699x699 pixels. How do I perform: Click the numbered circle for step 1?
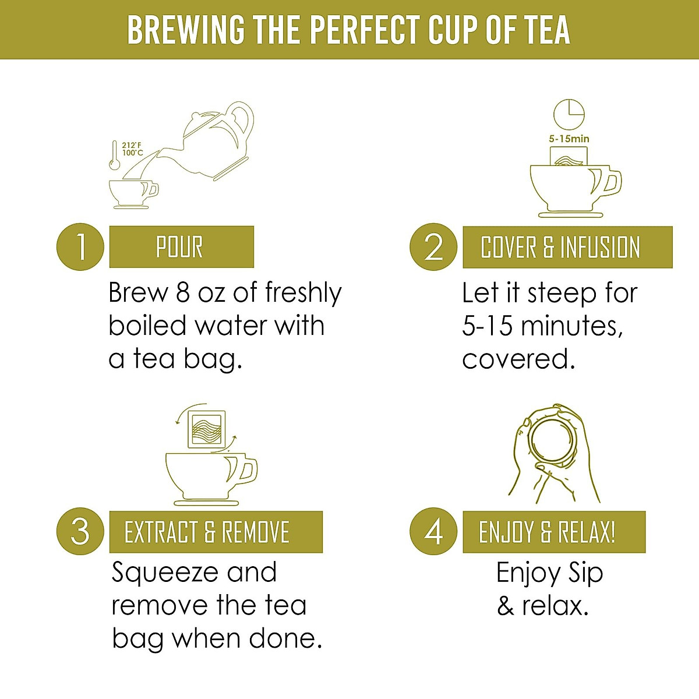coord(80,247)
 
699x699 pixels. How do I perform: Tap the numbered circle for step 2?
coord(433,247)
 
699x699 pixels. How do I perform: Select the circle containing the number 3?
coord(80,532)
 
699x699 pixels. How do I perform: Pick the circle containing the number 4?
coord(433,532)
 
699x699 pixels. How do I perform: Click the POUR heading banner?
coord(181,247)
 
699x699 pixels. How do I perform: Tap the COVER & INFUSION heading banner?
coord(567,247)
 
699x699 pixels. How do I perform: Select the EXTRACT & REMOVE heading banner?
coord(216,532)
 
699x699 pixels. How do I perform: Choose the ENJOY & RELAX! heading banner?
coord(553,532)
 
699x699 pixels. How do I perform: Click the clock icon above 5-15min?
coord(569,115)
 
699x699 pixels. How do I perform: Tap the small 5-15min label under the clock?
coord(569,139)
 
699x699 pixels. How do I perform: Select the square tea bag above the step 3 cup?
coord(206,430)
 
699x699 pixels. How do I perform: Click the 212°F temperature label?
coord(132,146)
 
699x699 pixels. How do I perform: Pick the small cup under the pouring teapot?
coord(133,192)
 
